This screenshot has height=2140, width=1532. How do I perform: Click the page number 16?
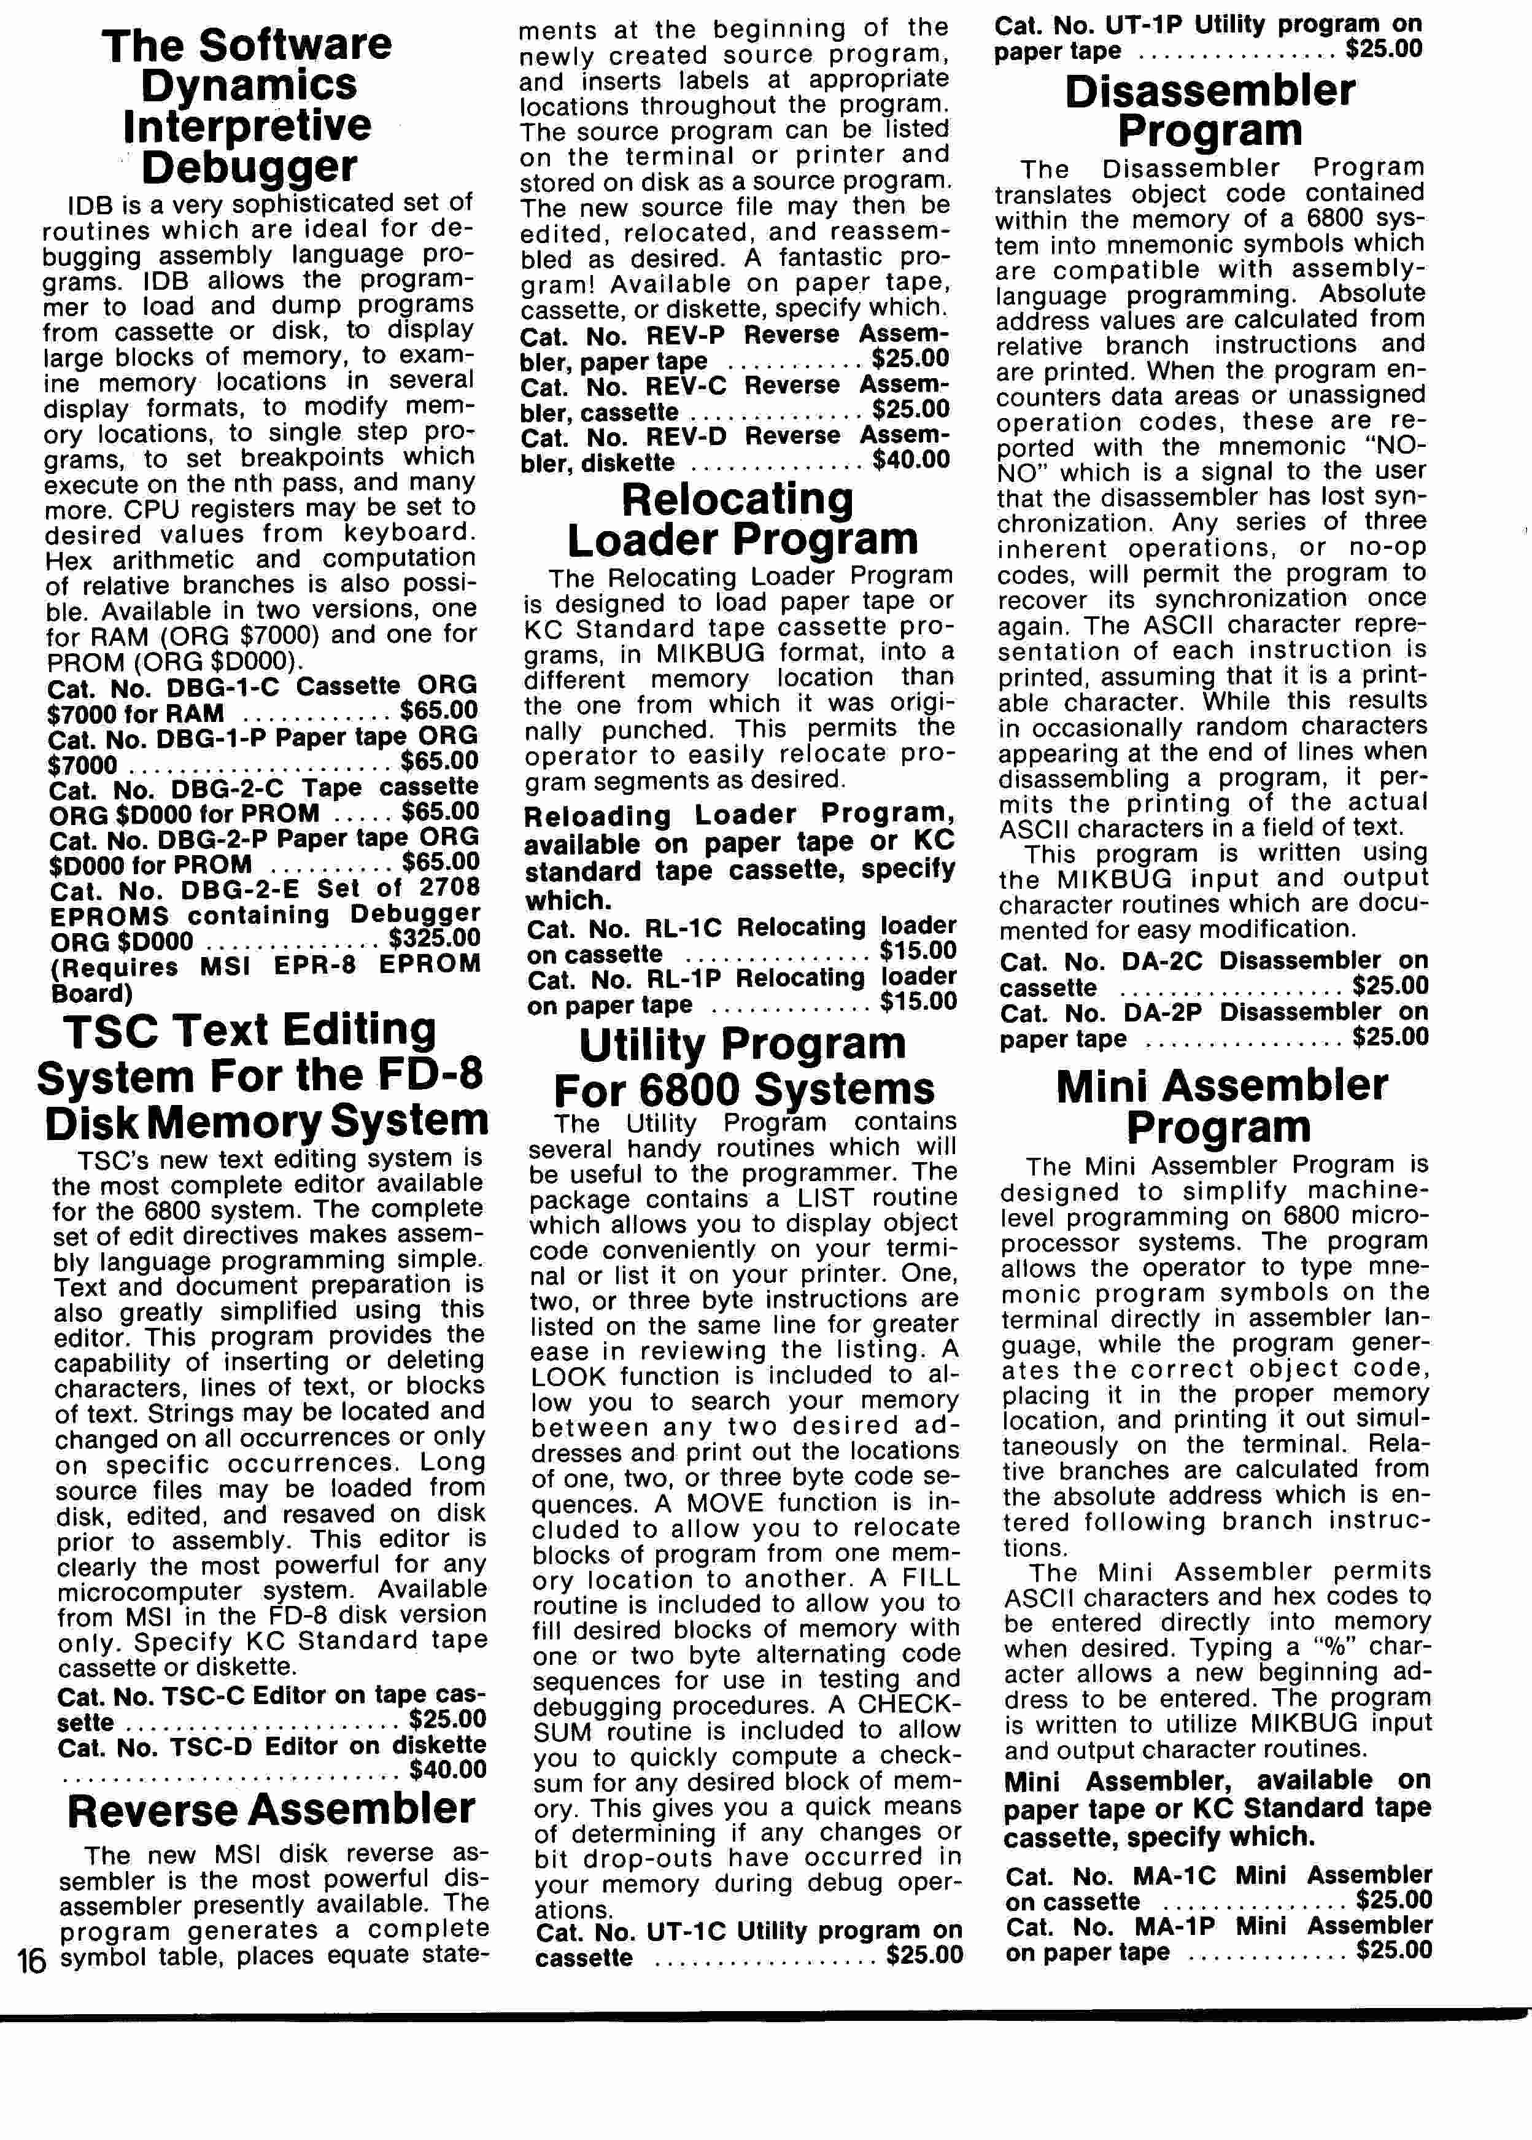click(x=31, y=1962)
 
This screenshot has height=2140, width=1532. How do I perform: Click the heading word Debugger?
click(x=250, y=167)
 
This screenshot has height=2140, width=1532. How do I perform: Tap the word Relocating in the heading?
click(x=738, y=499)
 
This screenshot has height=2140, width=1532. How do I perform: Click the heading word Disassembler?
click(x=1210, y=91)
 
